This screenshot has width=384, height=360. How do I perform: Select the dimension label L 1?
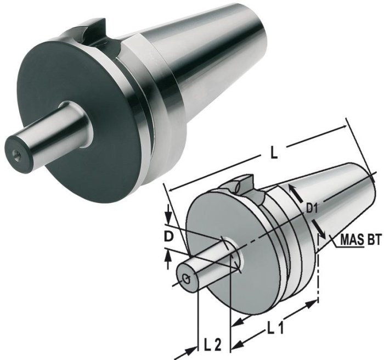tap(276, 328)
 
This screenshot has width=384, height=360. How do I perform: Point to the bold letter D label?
tap(170, 238)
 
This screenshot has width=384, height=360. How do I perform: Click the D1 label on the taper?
tap(313, 208)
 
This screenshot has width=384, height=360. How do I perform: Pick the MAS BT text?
tap(360, 240)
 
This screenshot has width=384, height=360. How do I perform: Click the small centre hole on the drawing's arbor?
tap(188, 278)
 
